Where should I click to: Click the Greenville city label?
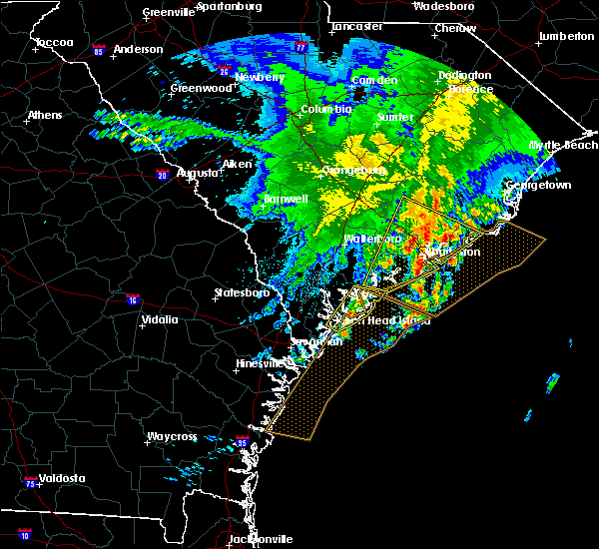(x=168, y=12)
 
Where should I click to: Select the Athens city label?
(x=44, y=115)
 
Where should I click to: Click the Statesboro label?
(x=242, y=292)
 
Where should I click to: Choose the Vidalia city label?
(x=160, y=319)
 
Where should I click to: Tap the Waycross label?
(x=172, y=436)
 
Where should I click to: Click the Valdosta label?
(x=57, y=478)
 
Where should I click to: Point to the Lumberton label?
(x=566, y=36)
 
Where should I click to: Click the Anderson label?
(x=138, y=49)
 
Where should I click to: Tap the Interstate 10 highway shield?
(x=24, y=535)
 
